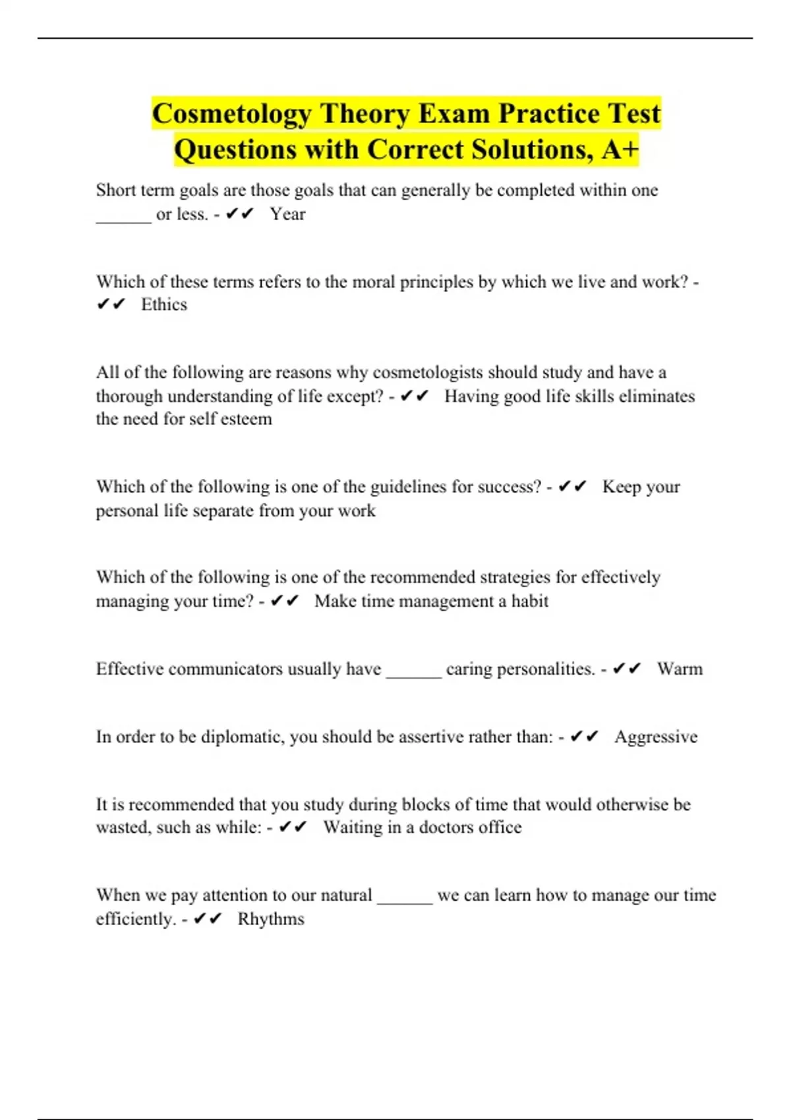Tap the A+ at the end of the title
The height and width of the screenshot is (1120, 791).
tap(620, 150)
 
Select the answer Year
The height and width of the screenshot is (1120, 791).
tap(287, 214)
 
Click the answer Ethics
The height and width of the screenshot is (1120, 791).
tap(164, 304)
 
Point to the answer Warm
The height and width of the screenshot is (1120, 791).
tap(680, 669)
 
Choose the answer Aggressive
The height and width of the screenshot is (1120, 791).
tap(656, 737)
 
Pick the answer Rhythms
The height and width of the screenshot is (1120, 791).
tap(271, 919)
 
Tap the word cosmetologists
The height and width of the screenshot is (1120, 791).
tap(428, 372)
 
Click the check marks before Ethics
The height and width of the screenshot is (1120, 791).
tap(111, 304)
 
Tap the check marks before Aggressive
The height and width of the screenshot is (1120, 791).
tap(584, 737)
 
